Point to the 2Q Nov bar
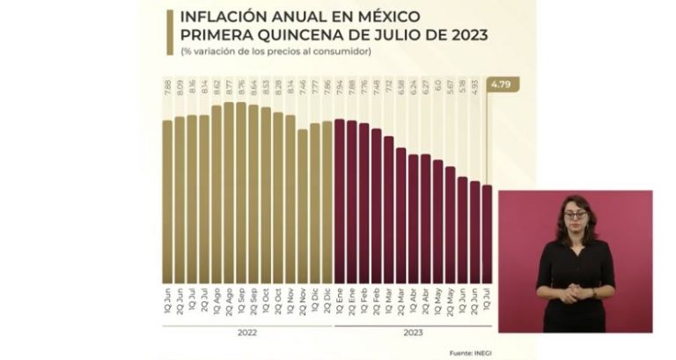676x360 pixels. (303, 202)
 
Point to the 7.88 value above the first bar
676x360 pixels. (167, 88)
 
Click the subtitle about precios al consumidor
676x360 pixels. (276, 53)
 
